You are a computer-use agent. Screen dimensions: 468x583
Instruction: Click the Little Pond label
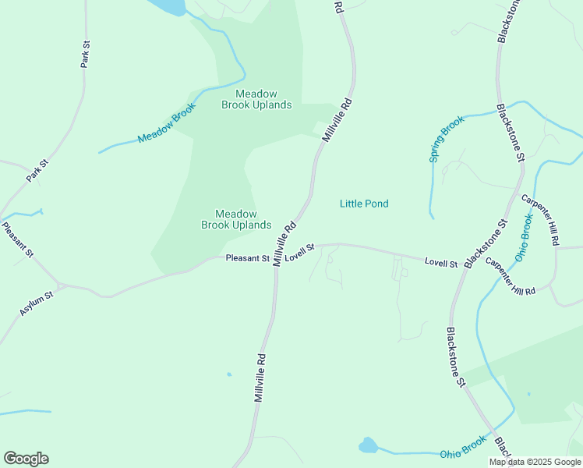pyautogui.click(x=364, y=204)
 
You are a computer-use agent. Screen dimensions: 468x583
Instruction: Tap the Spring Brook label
pyautogui.click(x=447, y=139)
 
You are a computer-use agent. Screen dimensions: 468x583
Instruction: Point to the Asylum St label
pyautogui.click(x=37, y=303)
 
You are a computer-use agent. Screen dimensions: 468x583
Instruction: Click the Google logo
pyautogui.click(x=26, y=459)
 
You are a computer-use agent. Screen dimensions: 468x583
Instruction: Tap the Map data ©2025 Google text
pyautogui.click(x=535, y=462)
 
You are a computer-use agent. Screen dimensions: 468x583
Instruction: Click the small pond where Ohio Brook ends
pyautogui.click(x=367, y=446)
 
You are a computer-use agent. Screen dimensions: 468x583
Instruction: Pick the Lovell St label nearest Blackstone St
pyautogui.click(x=440, y=263)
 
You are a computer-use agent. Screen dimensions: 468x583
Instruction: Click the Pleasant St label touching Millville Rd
pyautogui.click(x=247, y=258)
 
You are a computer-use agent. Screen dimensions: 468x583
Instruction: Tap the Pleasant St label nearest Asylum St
pyautogui.click(x=18, y=240)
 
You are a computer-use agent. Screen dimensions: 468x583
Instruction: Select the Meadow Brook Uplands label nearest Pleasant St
pyautogui.click(x=236, y=219)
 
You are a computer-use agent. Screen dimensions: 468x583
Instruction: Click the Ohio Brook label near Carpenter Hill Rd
pyautogui.click(x=524, y=238)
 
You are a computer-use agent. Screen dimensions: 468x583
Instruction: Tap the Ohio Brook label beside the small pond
pyautogui.click(x=462, y=450)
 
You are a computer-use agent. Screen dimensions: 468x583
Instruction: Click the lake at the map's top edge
pyautogui.click(x=168, y=6)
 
